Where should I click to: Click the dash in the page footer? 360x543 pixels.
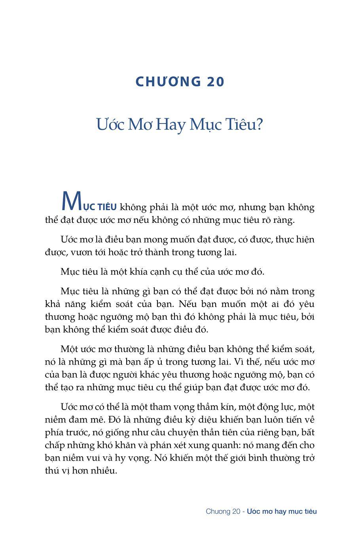point(244,512)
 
